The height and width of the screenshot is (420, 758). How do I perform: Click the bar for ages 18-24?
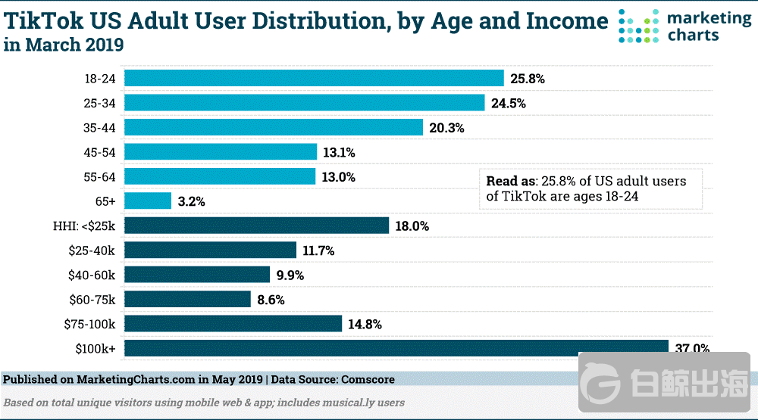pos(314,78)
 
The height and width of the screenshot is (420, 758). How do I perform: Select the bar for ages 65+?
pos(148,201)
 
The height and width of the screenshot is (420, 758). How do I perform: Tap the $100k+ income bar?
pos(394,348)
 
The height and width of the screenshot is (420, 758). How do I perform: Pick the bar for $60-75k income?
pos(187,299)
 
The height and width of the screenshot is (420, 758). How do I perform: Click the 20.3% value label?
pos(446,128)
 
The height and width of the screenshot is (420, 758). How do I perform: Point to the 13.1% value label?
pos(339,152)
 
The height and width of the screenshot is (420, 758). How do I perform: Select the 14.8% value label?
pos(364,325)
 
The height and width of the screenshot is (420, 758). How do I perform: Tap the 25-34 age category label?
pos(100,103)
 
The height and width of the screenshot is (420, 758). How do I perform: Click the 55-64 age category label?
pos(100,176)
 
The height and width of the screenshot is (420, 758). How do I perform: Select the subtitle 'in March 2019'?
pos(64,45)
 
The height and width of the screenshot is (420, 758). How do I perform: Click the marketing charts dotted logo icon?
pos(638,26)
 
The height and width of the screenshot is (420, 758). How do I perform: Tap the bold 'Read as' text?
pos(511,182)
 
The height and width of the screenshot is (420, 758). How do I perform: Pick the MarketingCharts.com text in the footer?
pos(136,378)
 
